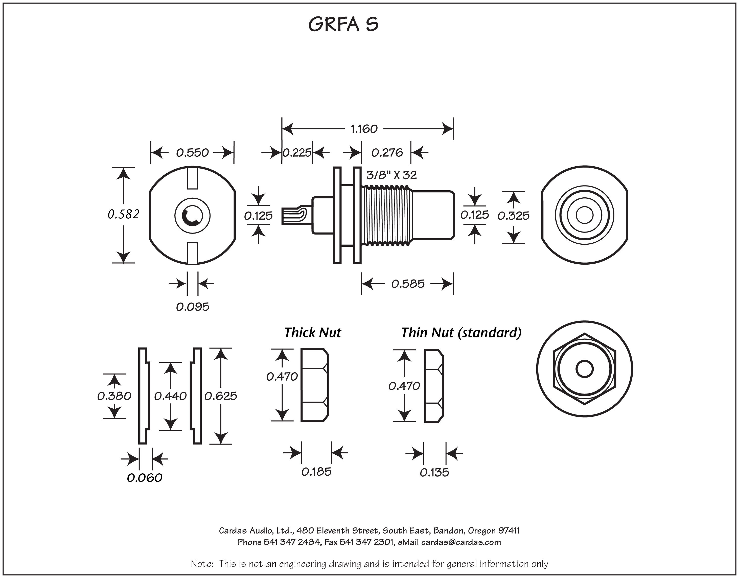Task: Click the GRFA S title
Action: click(x=343, y=24)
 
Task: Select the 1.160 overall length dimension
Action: click(x=364, y=129)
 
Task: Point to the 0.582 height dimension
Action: click(x=124, y=214)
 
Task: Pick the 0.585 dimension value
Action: click(x=408, y=284)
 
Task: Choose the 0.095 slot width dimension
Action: click(x=193, y=307)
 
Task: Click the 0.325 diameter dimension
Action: click(x=513, y=216)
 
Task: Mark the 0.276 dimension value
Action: click(x=387, y=153)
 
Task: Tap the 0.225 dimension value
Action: click(x=297, y=153)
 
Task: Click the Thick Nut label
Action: click(x=312, y=333)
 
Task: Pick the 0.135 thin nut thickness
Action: click(x=434, y=472)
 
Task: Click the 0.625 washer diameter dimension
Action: click(x=221, y=396)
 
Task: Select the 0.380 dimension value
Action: click(x=114, y=396)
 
